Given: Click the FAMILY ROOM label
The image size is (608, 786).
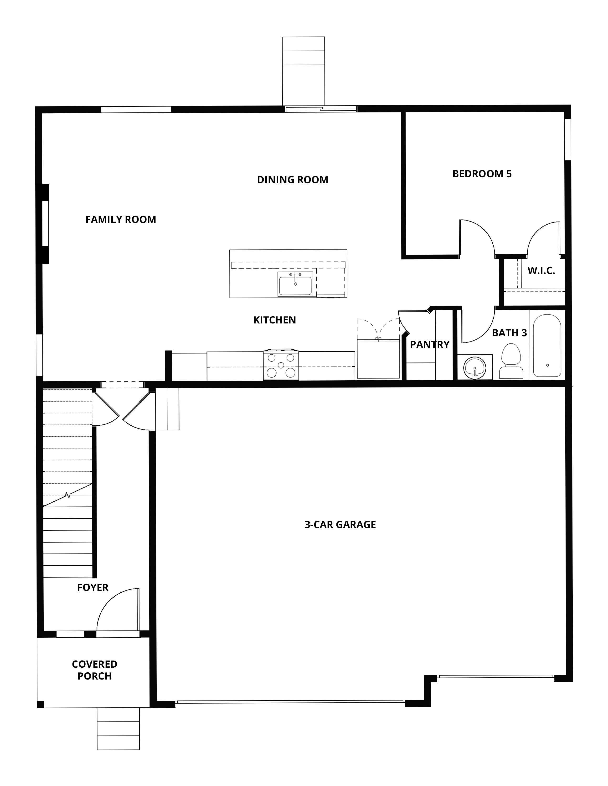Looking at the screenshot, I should coord(121,220).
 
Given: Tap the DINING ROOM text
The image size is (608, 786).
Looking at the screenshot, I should coord(293,180).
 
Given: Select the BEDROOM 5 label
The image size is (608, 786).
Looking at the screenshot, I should coord(482,174).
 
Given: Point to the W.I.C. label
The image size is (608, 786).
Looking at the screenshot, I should coord(541,271).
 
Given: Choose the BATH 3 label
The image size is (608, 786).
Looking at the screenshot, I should coord(509,333).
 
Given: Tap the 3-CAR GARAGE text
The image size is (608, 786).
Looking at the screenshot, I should coord(340,525).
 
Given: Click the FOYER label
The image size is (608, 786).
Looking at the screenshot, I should coord(93,588).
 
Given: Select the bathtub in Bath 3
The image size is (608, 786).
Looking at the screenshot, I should coord(547,346).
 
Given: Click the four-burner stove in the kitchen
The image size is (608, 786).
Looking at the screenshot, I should coord(281,365).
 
